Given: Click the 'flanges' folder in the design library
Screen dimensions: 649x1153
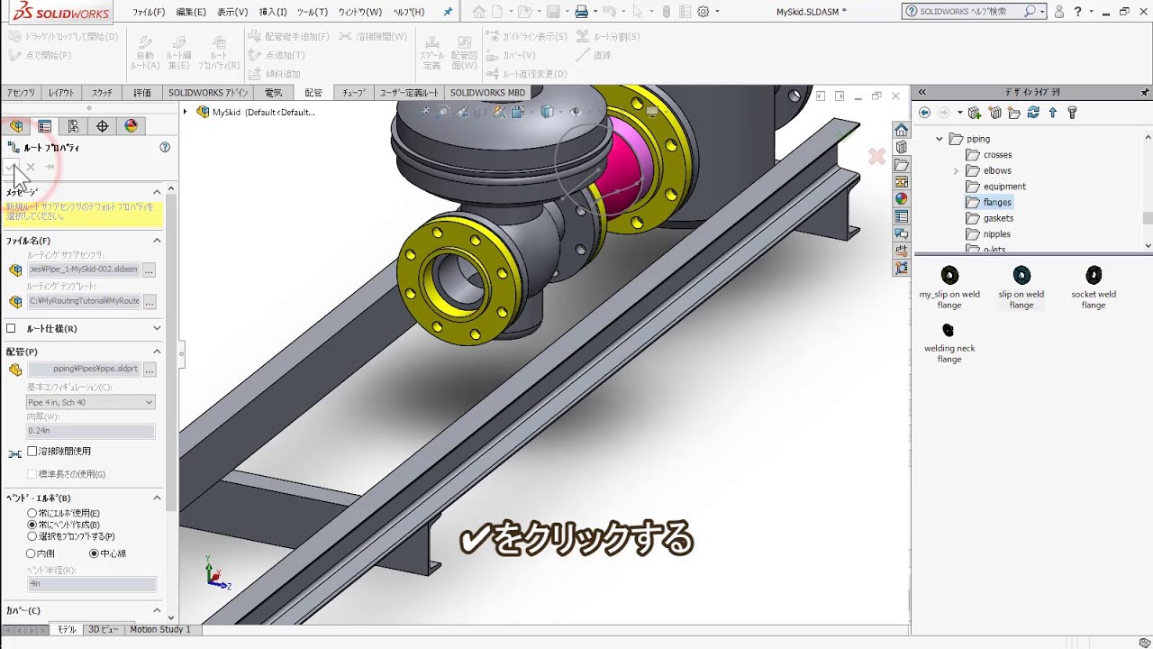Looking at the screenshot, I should (997, 203).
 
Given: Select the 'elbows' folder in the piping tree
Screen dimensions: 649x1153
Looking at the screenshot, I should (997, 170).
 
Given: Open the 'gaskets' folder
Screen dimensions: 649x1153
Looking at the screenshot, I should (997, 218).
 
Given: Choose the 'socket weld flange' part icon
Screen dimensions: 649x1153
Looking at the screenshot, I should (1093, 276).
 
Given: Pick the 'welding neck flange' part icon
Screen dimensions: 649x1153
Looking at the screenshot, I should (949, 331).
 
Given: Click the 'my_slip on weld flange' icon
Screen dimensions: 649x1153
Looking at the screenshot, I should (949, 276).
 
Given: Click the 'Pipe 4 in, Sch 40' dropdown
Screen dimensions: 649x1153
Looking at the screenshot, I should (90, 402).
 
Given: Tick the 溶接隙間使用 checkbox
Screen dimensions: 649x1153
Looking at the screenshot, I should (32, 451).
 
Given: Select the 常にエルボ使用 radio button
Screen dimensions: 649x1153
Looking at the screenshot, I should (32, 513).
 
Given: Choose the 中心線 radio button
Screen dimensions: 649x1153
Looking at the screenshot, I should (94, 553).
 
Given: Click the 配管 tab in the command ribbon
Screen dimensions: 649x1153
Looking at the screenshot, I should (313, 93).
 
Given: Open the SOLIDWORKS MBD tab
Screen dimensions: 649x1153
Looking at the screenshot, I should (487, 93).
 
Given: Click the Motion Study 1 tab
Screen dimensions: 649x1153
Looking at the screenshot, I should (159, 629).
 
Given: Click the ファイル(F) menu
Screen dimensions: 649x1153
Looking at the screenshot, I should (149, 13).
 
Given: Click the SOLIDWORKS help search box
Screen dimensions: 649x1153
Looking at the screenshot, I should (968, 12).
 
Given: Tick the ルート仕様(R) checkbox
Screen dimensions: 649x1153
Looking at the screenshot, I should (12, 329).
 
